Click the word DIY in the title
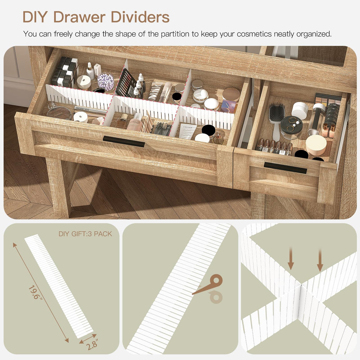click(35, 17)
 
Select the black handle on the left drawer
click(124, 141)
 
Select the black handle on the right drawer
click(285, 168)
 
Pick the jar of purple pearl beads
click(106, 81)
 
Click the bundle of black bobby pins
click(163, 129)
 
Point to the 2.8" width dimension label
click(92, 345)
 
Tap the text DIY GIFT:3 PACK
click(85, 234)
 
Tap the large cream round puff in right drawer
click(316, 144)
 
